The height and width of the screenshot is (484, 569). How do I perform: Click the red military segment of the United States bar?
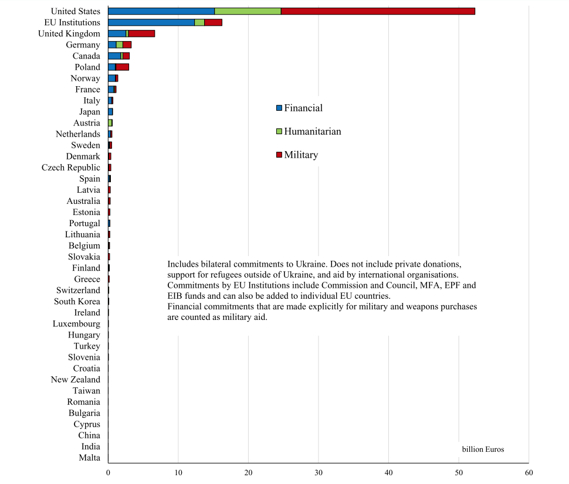[378, 11]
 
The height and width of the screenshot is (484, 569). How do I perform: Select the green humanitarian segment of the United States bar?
[248, 11]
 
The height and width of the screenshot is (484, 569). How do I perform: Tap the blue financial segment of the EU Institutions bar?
[151, 22]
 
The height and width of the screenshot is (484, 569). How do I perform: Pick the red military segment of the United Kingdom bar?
[141, 33]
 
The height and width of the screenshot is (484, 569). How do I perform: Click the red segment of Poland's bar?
[123, 67]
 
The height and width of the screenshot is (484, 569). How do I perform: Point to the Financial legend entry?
[303, 108]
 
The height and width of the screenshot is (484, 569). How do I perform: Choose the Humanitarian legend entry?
[312, 131]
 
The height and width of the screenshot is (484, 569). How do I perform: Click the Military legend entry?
[300, 155]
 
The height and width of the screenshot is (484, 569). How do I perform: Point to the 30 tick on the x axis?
[319, 472]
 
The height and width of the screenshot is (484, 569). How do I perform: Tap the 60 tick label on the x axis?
[529, 472]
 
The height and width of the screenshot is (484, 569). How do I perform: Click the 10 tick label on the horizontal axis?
[178, 472]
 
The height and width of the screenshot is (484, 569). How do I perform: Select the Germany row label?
[83, 45]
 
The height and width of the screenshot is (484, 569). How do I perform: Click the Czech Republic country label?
[71, 168]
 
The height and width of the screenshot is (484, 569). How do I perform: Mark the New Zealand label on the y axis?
[76, 380]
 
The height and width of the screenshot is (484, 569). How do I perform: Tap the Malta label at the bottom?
[89, 458]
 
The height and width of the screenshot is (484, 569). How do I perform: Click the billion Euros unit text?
[483, 449]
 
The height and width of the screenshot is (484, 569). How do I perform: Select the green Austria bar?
[110, 123]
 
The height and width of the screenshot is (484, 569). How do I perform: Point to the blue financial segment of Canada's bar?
[114, 56]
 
